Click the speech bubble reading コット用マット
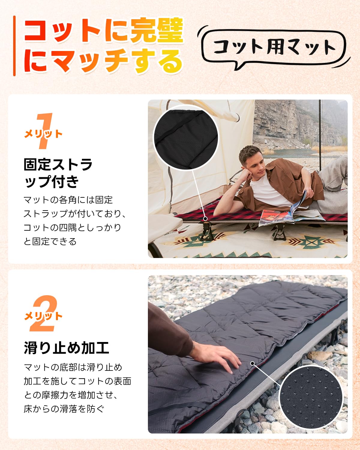click(274, 48)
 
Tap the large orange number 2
click(44, 313)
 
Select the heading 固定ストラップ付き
click(58, 173)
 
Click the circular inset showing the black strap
click(185, 137)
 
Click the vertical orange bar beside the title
click(14, 46)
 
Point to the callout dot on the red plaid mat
click(205, 219)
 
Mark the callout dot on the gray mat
click(253, 363)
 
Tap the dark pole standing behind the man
click(320, 136)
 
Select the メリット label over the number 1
click(43, 134)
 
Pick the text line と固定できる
click(50, 241)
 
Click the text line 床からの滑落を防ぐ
click(64, 409)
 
